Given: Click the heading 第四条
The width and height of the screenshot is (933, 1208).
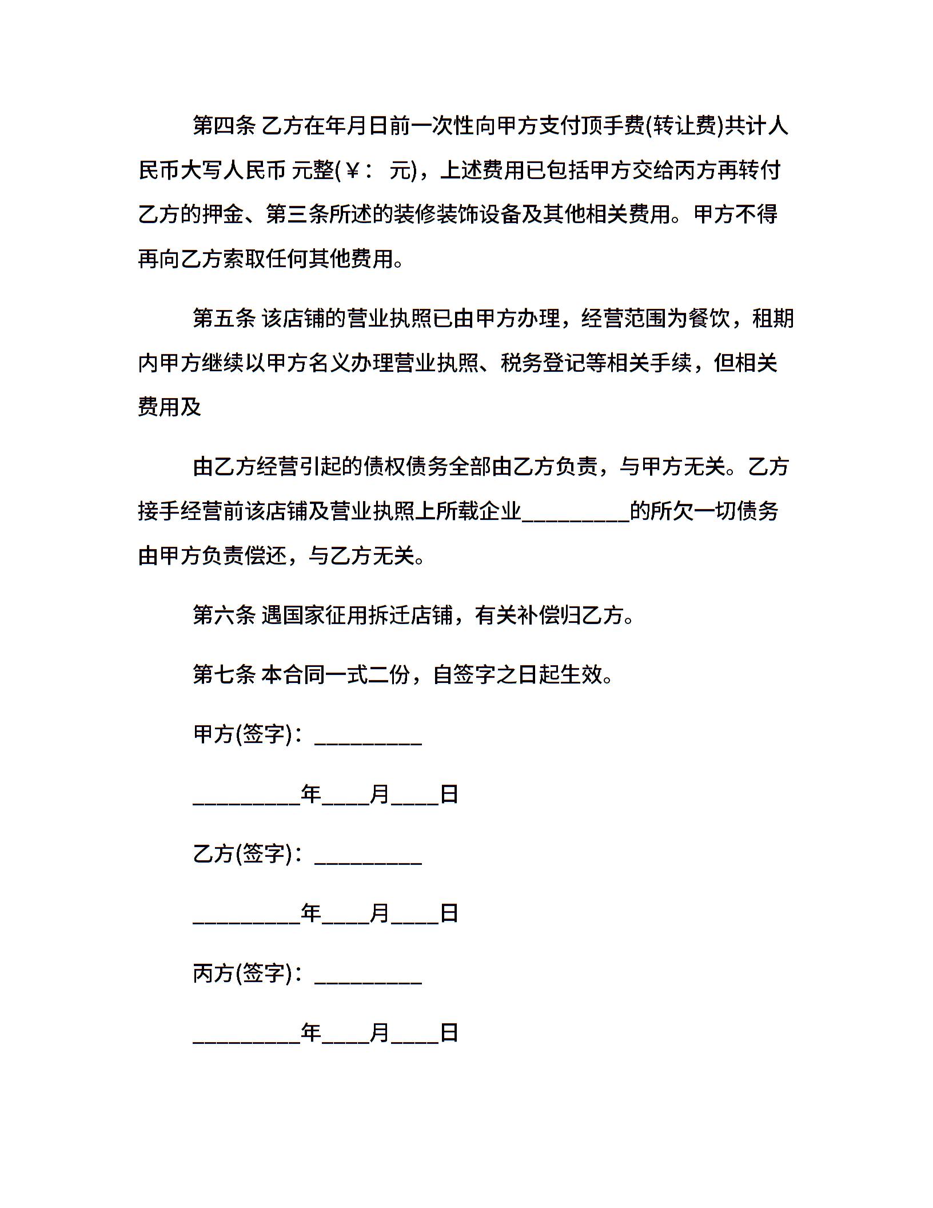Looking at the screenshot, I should (x=224, y=125).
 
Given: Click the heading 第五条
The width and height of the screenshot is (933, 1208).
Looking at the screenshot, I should (x=224, y=318).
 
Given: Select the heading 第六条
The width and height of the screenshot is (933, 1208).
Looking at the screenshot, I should (x=224, y=615).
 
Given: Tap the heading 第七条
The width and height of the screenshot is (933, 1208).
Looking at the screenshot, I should (x=224, y=674).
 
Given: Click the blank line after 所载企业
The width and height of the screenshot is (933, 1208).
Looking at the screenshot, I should (x=575, y=512).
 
